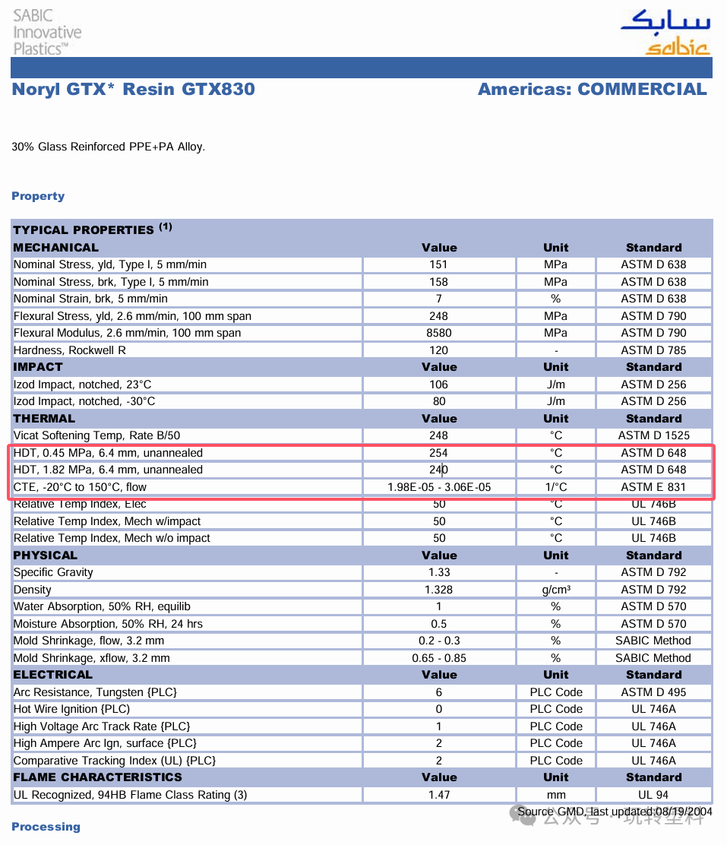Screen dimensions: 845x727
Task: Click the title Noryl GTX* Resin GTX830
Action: (x=133, y=89)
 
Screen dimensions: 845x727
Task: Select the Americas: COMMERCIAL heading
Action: (x=592, y=89)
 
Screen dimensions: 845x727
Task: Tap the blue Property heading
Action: (x=38, y=196)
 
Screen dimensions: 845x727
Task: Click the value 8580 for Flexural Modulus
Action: (x=439, y=333)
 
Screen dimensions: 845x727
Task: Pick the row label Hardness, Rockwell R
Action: (x=70, y=350)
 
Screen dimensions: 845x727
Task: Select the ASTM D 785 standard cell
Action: (x=653, y=350)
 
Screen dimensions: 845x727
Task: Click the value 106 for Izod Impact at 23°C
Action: (x=439, y=385)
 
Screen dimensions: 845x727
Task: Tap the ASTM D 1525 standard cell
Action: (x=653, y=435)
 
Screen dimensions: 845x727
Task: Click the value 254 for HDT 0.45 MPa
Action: (x=439, y=453)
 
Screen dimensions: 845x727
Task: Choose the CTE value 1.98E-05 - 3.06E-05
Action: (x=439, y=487)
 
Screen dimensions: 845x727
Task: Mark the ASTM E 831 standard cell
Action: (x=653, y=487)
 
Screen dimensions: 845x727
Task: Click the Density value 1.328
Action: (x=439, y=590)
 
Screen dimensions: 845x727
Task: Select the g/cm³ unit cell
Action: (x=556, y=590)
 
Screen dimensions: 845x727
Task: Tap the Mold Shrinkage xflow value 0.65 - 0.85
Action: (x=439, y=658)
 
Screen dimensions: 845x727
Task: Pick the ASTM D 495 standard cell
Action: (x=653, y=692)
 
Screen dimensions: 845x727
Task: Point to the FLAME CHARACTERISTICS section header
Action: (x=97, y=777)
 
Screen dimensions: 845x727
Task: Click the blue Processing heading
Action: (x=46, y=827)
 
